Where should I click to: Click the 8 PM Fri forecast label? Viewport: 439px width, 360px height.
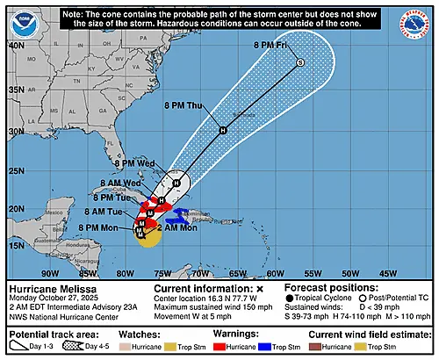[x=272, y=43]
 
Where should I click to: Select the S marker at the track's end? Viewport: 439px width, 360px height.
[x=299, y=62]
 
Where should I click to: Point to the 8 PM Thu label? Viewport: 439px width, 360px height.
[x=183, y=106]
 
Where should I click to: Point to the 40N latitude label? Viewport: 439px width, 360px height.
[x=16, y=43]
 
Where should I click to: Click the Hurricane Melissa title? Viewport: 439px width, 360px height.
[x=52, y=288]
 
